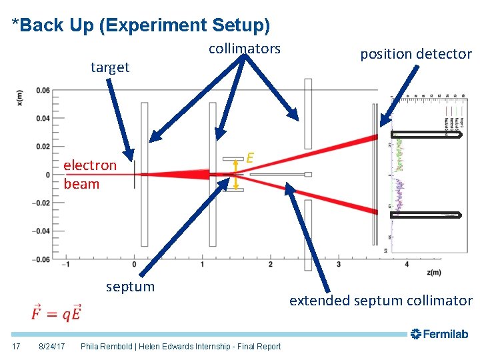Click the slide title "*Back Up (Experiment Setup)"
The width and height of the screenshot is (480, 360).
coord(141,25)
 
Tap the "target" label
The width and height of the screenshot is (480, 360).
coord(110,67)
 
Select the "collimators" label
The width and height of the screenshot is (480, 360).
coord(245,49)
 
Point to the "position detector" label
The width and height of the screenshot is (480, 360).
coord(416,55)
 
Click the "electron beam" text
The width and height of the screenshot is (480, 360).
coord(89,174)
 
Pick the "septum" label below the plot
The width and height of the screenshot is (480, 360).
coord(130,287)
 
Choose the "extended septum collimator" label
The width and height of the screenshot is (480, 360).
coord(380,301)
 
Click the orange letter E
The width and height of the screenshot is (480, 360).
coord(250,158)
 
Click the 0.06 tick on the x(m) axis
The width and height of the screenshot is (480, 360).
coord(42,90)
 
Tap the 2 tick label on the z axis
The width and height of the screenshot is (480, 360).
coord(270,265)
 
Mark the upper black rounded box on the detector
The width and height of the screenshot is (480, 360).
coord(427,135)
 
